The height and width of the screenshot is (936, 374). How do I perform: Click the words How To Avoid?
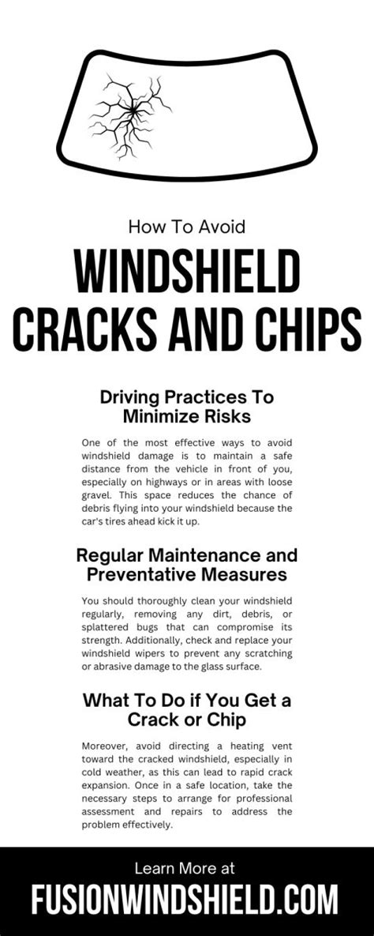pos(186,227)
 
